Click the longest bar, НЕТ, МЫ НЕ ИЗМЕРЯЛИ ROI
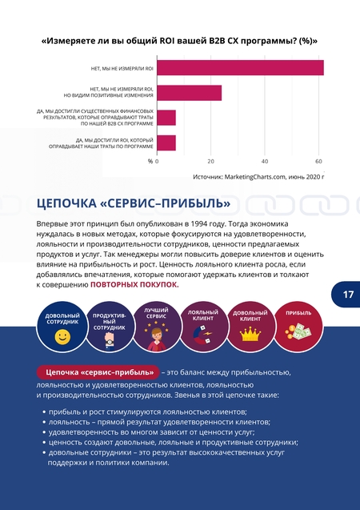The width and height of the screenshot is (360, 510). tap(241, 67)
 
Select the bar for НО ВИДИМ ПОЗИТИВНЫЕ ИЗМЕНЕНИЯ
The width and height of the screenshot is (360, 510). tap(190, 93)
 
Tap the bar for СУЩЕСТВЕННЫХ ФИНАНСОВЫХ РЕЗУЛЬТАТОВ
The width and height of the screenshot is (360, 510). tap(166, 118)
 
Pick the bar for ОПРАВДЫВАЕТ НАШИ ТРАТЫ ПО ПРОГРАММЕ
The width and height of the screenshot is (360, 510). tap(166, 143)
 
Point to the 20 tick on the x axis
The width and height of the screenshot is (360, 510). tap(211, 162)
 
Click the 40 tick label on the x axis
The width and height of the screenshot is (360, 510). tap(265, 162)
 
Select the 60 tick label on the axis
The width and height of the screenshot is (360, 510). tap(318, 162)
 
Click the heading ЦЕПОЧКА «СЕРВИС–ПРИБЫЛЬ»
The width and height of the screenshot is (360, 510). tap(134, 203)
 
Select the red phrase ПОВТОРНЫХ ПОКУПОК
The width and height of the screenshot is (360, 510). tap(134, 284)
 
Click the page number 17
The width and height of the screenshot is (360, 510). tap(348, 295)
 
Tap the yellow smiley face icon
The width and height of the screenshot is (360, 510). tap(62, 337)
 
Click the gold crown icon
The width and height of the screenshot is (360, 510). tap(250, 334)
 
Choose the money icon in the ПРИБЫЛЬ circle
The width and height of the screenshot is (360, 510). tap(298, 332)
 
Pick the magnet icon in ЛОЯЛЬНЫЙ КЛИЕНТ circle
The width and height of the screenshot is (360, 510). tap(202, 336)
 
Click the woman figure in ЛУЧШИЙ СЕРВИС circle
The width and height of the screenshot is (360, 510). tap(157, 339)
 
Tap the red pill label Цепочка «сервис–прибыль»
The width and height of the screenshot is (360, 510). tap(98, 372)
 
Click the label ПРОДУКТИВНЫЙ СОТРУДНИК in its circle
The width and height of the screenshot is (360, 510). tap(109, 322)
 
